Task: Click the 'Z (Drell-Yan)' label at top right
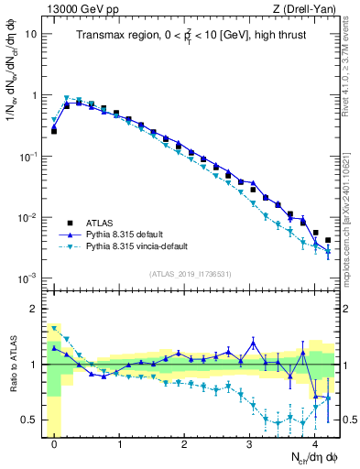pos(305,8)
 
